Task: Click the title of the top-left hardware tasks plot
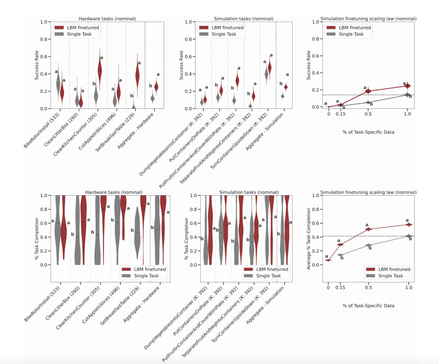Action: click(107, 18)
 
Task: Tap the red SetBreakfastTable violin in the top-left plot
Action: click(137, 75)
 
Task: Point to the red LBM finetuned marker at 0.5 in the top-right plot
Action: click(368, 91)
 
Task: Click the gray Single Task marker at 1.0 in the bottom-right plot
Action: click(408, 236)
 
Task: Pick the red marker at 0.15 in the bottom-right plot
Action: click(341, 244)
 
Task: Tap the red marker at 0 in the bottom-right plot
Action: click(328, 260)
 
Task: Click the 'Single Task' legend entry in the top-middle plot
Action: click(224, 34)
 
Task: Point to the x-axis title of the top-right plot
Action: click(368, 131)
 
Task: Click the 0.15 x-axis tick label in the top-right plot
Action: click(341, 115)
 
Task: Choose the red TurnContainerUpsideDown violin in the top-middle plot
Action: click(269, 68)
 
